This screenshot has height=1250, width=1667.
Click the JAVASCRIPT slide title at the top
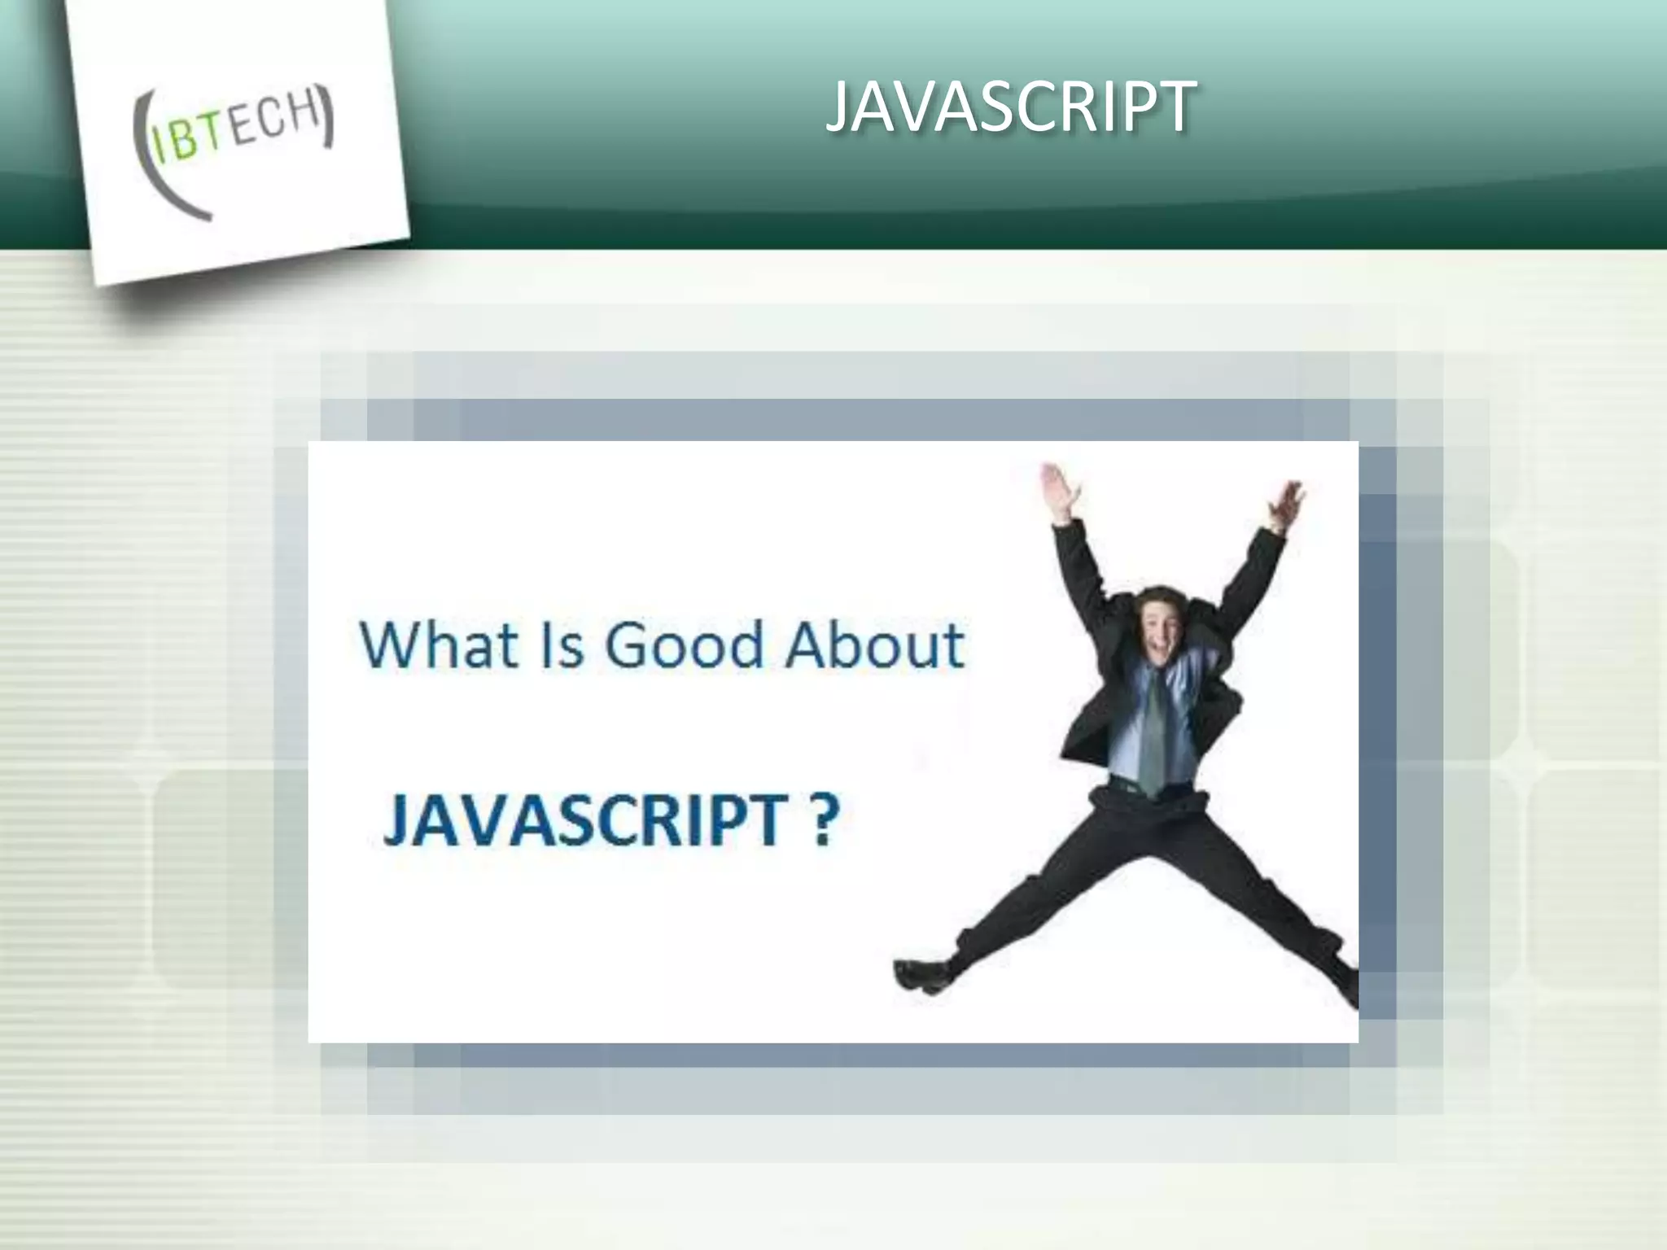tap(1011, 107)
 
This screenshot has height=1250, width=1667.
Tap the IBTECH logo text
tap(236, 133)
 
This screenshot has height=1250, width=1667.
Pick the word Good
tap(683, 645)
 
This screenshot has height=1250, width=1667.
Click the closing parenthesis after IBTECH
tap(327, 117)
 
